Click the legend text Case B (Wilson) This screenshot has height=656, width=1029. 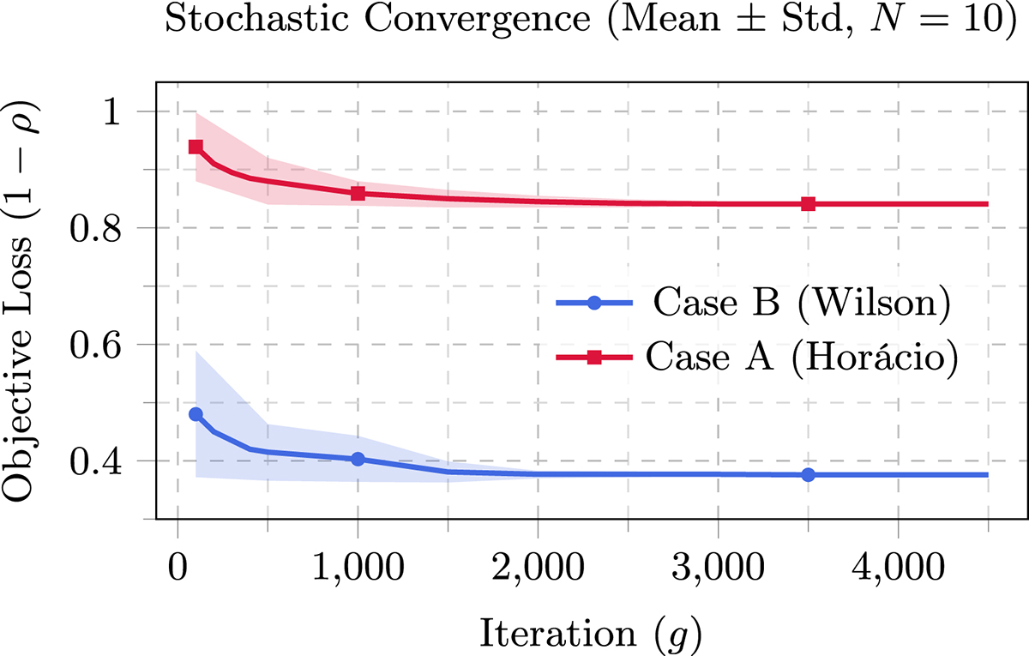[x=802, y=304]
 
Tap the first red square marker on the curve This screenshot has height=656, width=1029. [x=196, y=147]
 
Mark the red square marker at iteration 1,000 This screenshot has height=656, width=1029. [x=358, y=193]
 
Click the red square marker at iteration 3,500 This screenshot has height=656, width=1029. [x=808, y=203]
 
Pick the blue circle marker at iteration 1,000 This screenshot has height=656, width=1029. [x=358, y=459]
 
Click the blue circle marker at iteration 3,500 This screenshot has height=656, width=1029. [x=808, y=474]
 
